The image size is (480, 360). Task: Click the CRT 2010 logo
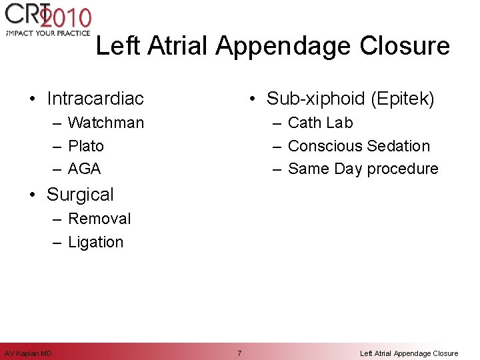click(x=47, y=17)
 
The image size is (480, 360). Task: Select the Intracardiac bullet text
click(x=95, y=99)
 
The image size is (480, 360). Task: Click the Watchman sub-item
click(x=106, y=123)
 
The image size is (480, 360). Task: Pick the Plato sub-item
click(x=86, y=146)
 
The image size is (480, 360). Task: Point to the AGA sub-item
click(x=85, y=169)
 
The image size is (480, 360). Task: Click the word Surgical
click(x=80, y=195)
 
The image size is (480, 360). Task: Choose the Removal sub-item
click(x=99, y=219)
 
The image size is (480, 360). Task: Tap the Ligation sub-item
click(x=96, y=242)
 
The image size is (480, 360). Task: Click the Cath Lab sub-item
click(x=321, y=123)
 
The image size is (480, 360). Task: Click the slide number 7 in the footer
click(x=239, y=353)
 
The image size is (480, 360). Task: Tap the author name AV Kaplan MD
click(x=28, y=353)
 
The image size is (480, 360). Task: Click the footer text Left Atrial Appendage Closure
click(x=409, y=353)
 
